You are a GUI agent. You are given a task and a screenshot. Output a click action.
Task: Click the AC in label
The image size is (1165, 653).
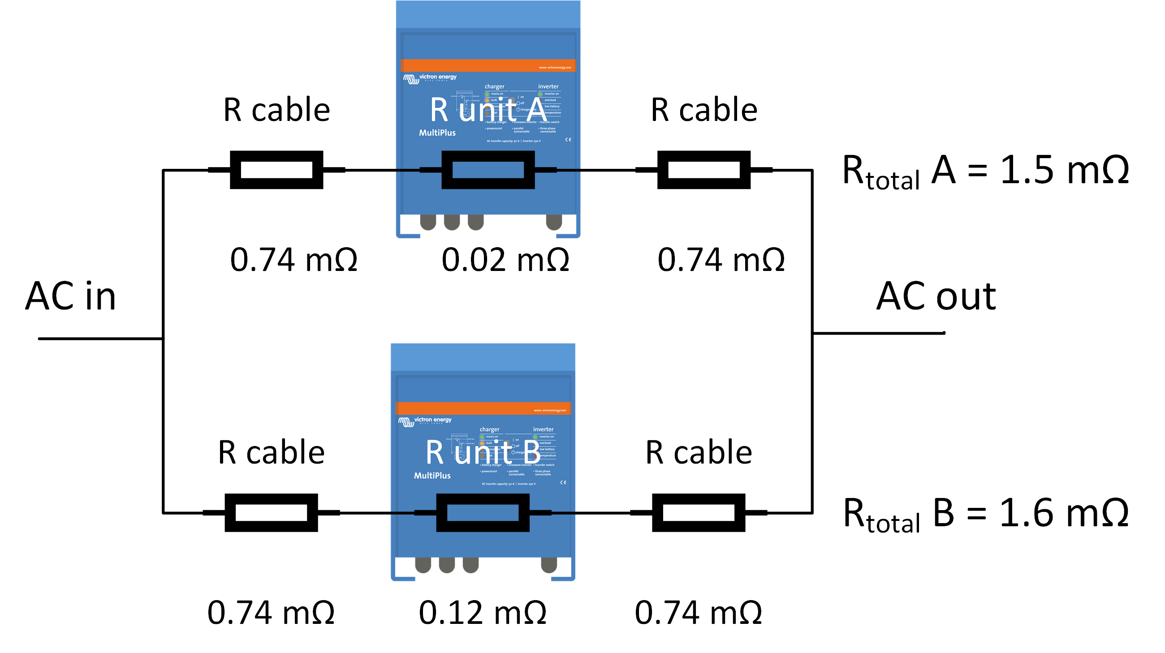click(x=70, y=296)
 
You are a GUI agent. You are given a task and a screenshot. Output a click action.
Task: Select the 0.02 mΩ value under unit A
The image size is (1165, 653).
click(x=505, y=260)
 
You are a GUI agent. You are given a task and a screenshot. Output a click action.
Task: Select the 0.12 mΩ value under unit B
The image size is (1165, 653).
click(x=482, y=613)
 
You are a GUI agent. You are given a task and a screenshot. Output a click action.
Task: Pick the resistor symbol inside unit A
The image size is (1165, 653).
click(x=488, y=170)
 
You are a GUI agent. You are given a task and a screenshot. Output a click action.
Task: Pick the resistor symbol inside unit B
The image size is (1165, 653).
click(x=482, y=512)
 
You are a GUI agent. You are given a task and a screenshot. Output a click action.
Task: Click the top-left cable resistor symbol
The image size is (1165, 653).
click(x=276, y=170)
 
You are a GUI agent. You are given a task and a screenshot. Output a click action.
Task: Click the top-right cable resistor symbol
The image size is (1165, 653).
click(x=703, y=170)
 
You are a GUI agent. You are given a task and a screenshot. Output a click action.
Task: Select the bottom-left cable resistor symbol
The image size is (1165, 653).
click(x=271, y=512)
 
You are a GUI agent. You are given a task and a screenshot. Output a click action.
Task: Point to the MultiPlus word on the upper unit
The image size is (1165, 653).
click(x=437, y=133)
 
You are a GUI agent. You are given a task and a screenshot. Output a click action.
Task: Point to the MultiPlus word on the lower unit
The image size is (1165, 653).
click(x=432, y=475)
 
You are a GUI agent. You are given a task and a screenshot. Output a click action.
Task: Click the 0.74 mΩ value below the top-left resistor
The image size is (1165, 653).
click(x=293, y=260)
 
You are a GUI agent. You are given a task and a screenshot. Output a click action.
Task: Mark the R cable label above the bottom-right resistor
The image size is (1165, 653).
click(x=698, y=452)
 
